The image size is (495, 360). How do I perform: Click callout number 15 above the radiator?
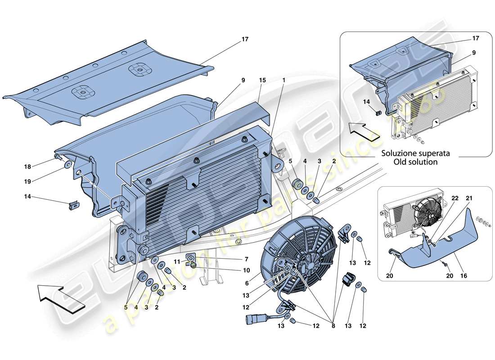tap(262, 81)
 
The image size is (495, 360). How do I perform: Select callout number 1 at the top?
tap(283, 81)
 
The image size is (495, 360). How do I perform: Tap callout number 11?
tap(177, 261)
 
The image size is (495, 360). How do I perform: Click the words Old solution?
tap(409, 162)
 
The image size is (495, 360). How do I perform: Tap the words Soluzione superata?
tap(409, 153)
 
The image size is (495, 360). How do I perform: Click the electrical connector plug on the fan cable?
tap(252, 320)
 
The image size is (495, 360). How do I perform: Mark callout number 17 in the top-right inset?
tap(476, 38)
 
